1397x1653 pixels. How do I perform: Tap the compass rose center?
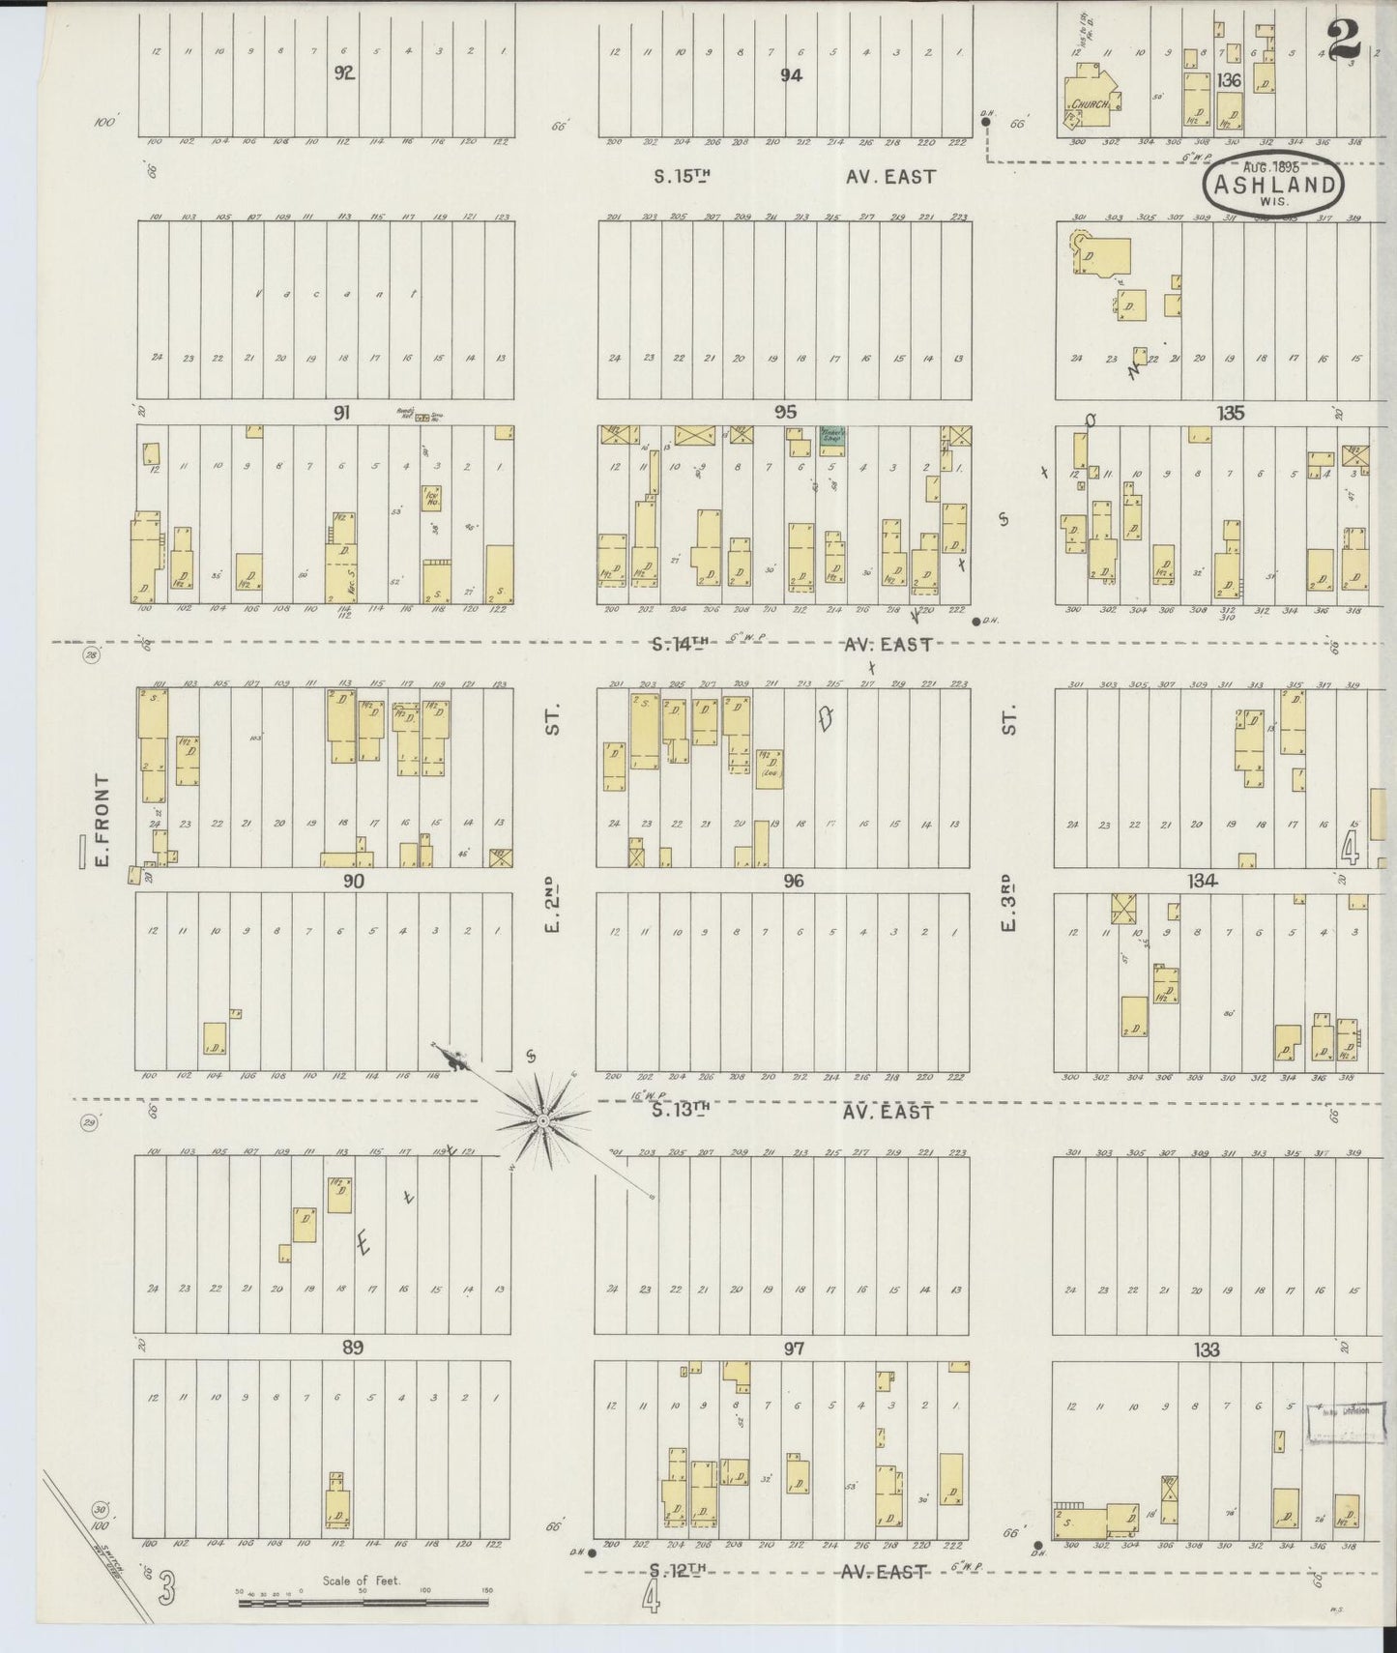click(x=543, y=1120)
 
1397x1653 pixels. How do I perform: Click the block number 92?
click(x=343, y=74)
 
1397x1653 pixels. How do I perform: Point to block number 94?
click(x=792, y=74)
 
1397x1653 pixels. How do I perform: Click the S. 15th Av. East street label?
click(x=792, y=177)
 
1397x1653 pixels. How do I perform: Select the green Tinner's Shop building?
click(x=832, y=436)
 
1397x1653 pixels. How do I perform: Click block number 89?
click(x=352, y=1348)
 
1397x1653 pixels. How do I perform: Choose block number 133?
click(x=1207, y=1349)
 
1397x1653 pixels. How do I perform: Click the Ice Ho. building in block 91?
click(x=431, y=499)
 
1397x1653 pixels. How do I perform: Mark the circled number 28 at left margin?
click(x=93, y=656)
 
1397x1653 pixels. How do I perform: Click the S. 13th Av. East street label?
click(x=792, y=1111)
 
